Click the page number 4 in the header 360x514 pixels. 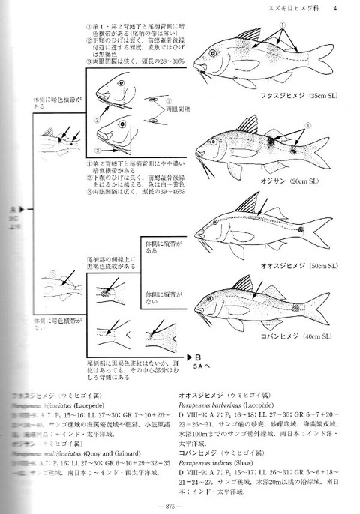coord(335,8)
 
